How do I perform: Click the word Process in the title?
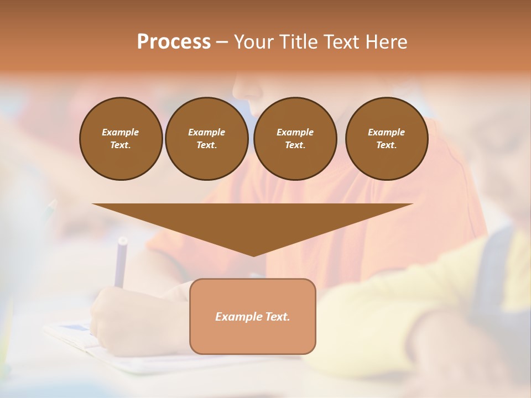point(174,42)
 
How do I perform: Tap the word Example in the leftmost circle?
point(121,132)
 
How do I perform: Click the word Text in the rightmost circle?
point(386,145)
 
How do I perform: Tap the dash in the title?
point(222,42)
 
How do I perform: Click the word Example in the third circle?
point(295,132)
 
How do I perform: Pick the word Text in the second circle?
point(206,145)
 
